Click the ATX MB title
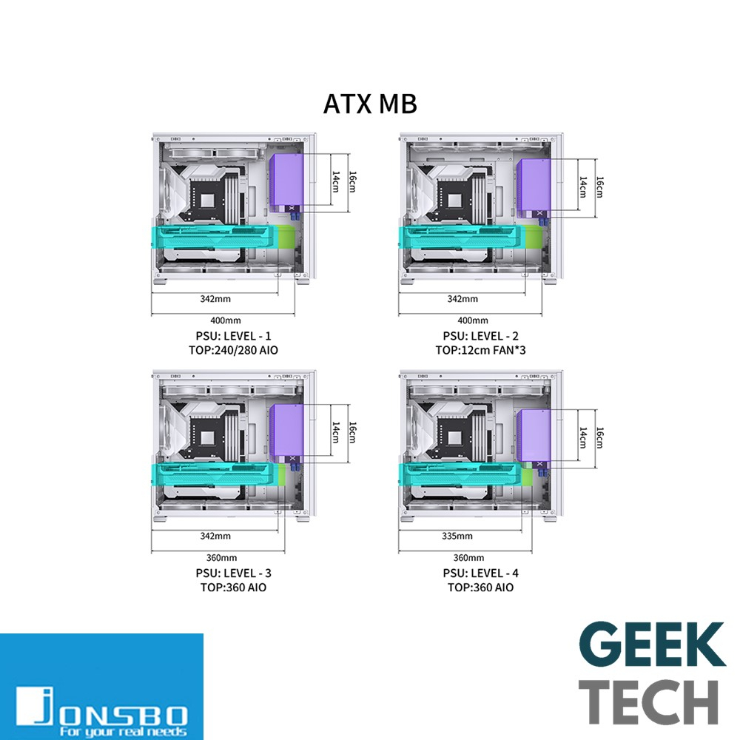tap(370, 104)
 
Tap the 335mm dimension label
tap(457, 536)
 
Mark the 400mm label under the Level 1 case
tap(226, 320)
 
